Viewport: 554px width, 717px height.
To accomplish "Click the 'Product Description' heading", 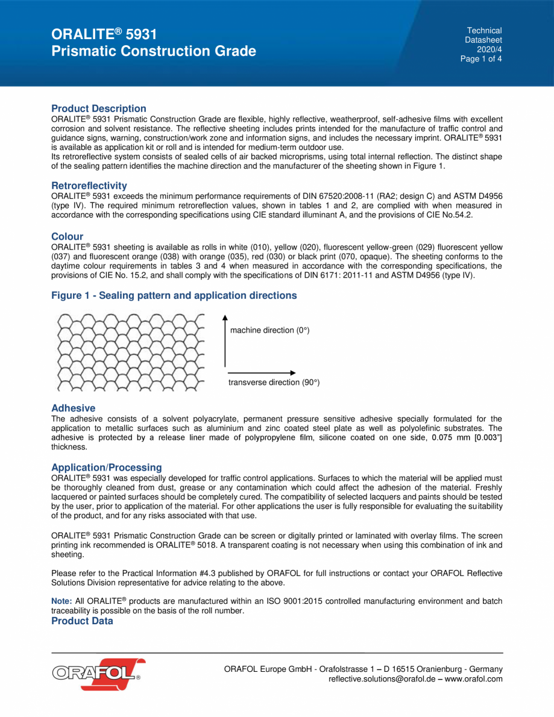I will [99, 108].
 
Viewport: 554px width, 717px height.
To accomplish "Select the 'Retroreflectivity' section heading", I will [89, 186].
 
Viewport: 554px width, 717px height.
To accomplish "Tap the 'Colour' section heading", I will [68, 237].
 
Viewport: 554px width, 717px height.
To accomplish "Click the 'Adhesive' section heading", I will [73, 409].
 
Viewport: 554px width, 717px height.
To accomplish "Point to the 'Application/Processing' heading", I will [107, 468].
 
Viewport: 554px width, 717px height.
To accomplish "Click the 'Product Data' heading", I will [82, 621].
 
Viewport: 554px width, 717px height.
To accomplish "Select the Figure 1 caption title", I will [174, 296].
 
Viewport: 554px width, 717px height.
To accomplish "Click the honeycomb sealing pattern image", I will [127, 352].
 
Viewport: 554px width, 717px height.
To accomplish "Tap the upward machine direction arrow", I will [225, 340].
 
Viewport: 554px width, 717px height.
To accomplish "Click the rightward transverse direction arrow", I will [262, 372].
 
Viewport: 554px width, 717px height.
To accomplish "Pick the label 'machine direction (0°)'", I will [269, 330].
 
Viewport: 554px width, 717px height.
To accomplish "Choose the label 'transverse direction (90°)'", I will [274, 383].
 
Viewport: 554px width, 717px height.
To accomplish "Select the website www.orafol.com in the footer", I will [473, 679].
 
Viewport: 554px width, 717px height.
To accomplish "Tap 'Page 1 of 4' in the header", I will [481, 59].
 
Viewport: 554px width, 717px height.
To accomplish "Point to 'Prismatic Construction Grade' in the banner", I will [154, 51].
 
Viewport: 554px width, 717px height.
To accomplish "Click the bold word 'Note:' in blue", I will [61, 601].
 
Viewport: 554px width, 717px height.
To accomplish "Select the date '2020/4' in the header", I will [489, 49].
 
